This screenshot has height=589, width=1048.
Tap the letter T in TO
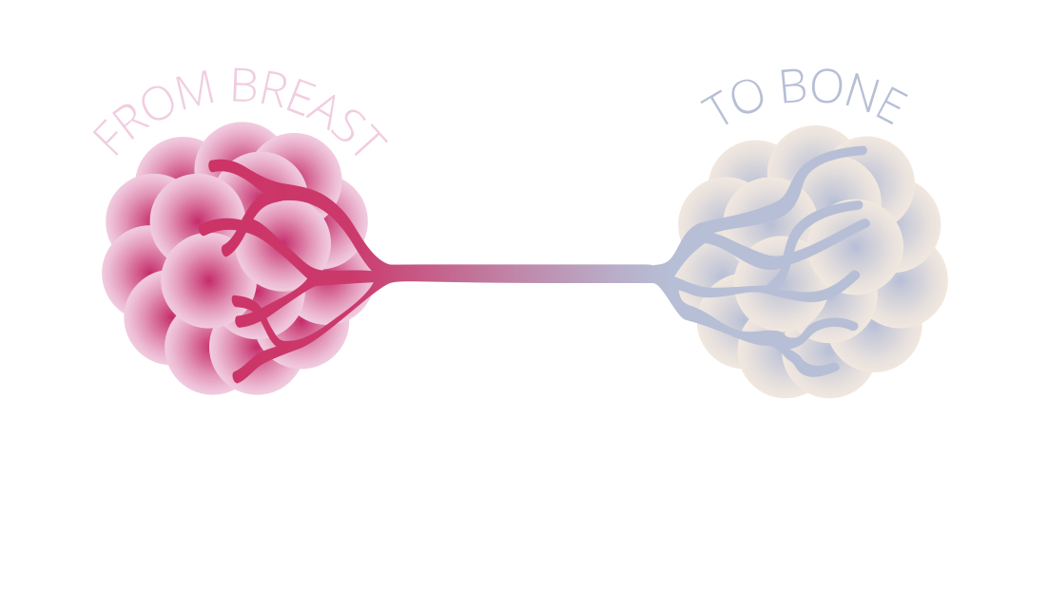(x=716, y=110)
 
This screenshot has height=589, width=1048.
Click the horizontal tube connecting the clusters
(x=523, y=274)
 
